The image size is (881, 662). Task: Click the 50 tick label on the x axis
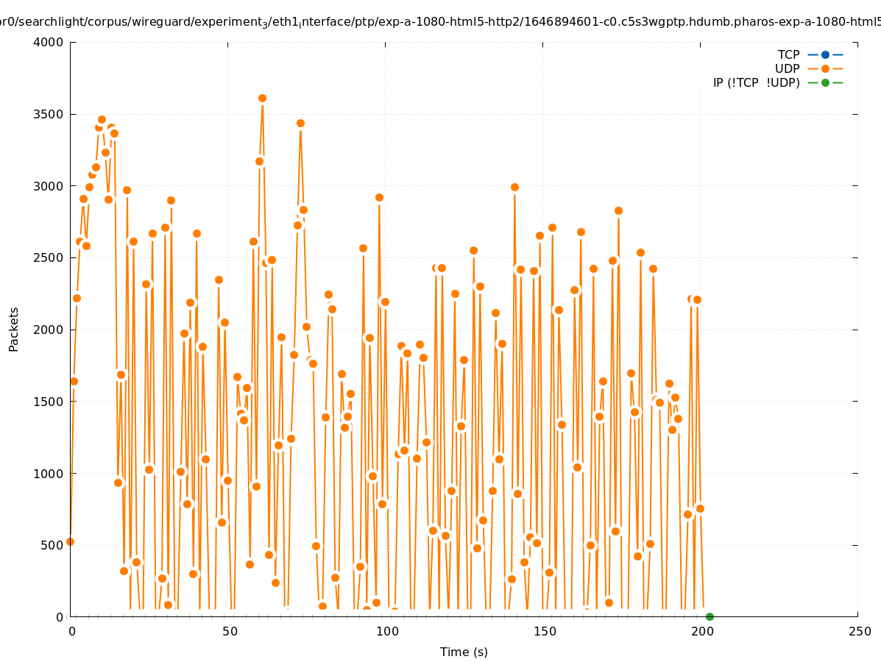click(229, 632)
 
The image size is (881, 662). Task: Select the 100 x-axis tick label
click(386, 632)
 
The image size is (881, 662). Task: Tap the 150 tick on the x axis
click(544, 632)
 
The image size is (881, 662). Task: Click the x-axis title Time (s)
click(464, 652)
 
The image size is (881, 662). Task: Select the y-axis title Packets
click(14, 330)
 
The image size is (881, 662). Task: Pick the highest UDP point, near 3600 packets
click(262, 98)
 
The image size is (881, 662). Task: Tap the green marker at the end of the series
click(710, 616)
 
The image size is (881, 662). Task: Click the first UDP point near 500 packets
click(70, 541)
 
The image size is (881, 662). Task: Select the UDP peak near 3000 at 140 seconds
click(514, 187)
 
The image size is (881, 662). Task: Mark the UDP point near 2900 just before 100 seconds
click(379, 197)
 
